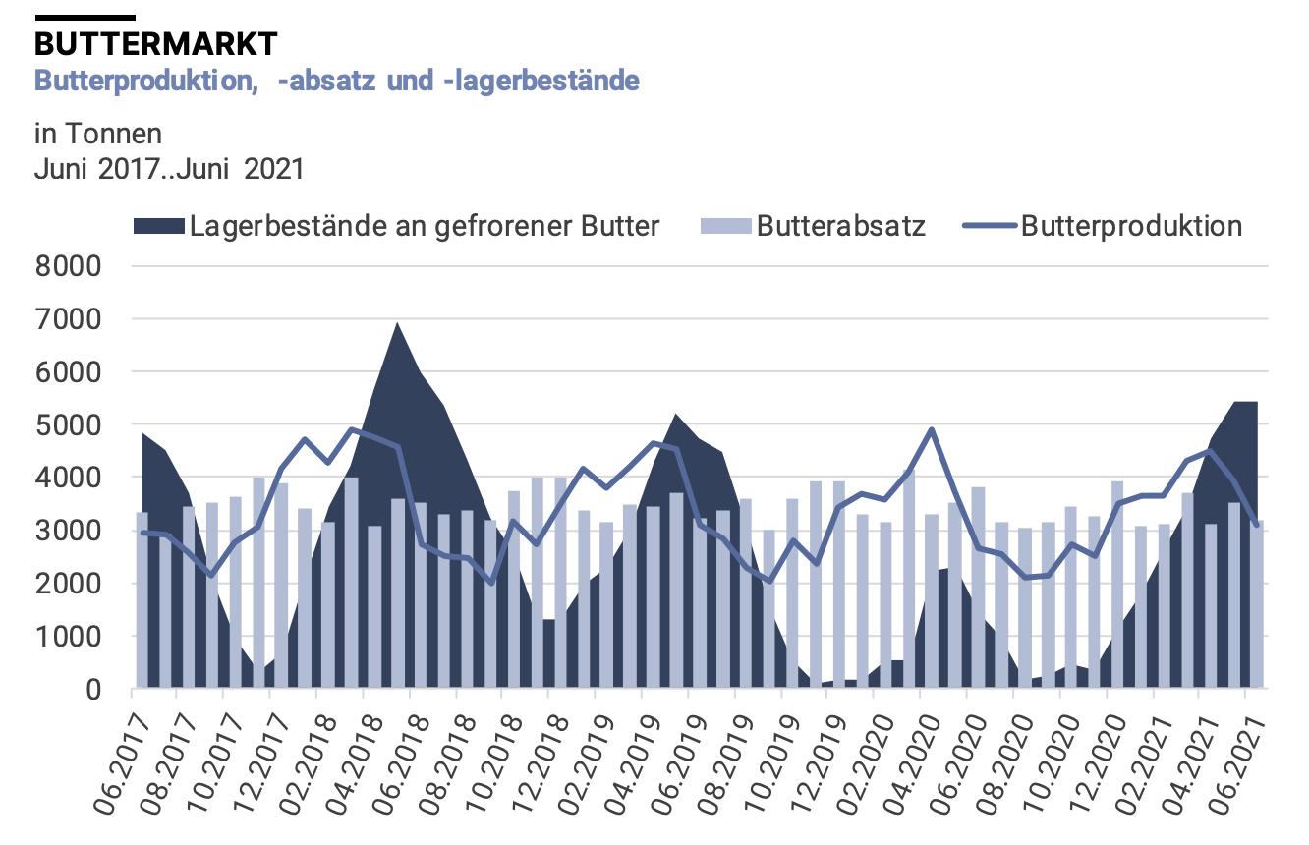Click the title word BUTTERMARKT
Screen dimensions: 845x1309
[x=156, y=44]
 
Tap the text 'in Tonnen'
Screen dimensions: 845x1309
[x=97, y=133]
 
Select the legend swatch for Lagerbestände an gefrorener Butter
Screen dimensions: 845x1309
[x=158, y=227]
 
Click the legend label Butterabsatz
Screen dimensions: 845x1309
[x=841, y=227]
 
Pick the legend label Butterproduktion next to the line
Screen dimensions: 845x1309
[x=1131, y=227]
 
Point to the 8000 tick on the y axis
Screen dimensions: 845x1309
[x=68, y=266]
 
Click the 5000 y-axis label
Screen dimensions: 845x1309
[x=68, y=425]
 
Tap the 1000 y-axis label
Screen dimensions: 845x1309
[x=68, y=637]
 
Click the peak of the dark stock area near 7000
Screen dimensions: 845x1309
[x=397, y=323]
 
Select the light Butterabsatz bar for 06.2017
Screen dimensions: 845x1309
[x=142, y=599]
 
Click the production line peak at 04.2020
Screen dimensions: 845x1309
[x=931, y=429]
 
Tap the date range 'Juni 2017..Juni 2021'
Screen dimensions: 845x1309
[x=169, y=168]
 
